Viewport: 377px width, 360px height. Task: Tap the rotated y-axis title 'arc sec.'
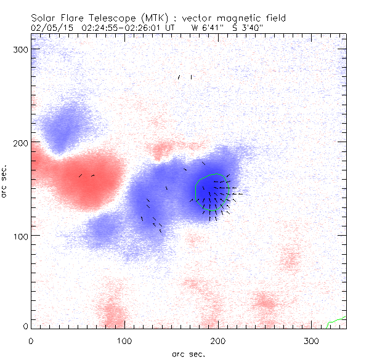pos(5,181)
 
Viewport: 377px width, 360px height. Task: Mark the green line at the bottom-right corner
pos(338,319)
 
